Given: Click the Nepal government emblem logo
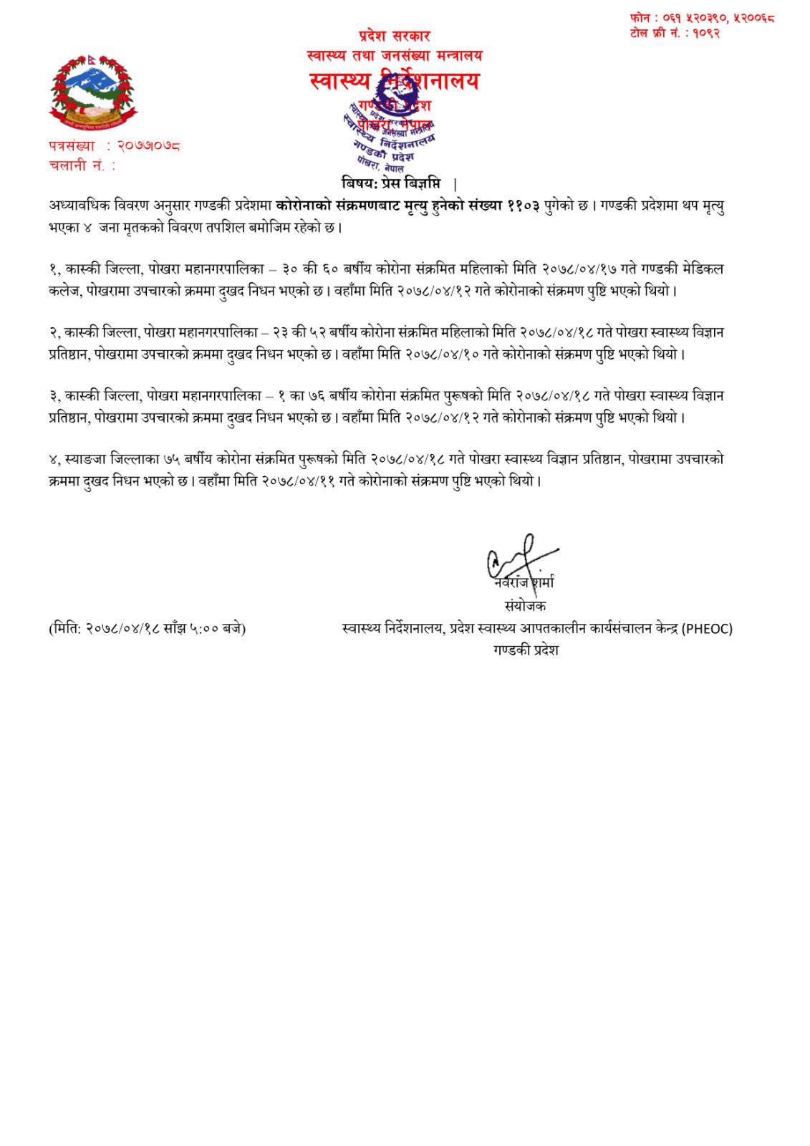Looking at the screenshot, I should (x=92, y=91).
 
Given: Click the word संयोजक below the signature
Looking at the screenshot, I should (x=524, y=606).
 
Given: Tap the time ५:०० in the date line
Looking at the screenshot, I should (x=205, y=629).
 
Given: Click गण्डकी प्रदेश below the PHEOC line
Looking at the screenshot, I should (x=524, y=650).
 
